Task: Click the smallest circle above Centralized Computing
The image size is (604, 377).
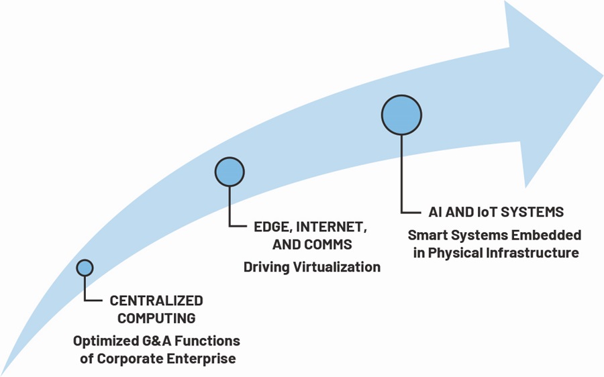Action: click(x=85, y=268)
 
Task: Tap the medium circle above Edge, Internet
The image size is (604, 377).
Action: click(x=230, y=172)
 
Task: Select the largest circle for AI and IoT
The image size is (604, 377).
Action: click(x=402, y=115)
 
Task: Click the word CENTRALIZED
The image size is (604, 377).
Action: click(x=156, y=301)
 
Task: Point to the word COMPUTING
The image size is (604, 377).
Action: click(x=156, y=319)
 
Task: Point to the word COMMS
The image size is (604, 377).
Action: click(x=329, y=245)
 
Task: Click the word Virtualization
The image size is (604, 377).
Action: click(x=337, y=267)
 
